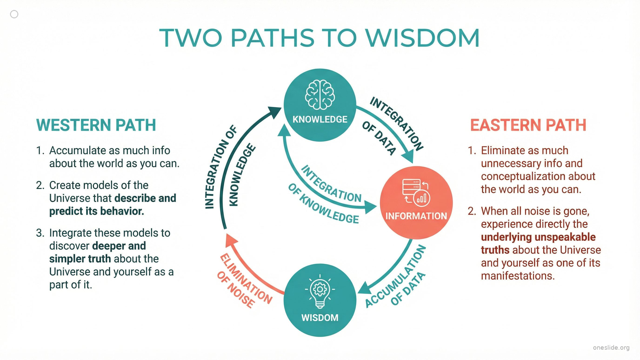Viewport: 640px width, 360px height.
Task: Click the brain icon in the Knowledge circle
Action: coord(320,95)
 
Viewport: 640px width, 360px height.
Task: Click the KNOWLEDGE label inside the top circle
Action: coord(320,119)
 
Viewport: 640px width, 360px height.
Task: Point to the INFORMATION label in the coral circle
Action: coord(416,216)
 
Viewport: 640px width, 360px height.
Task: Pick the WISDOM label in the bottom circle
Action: coord(320,318)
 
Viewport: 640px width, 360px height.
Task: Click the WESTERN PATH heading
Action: coord(96,125)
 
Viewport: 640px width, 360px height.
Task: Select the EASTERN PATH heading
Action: coord(528,125)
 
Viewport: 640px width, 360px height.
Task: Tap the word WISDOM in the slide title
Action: coord(422,38)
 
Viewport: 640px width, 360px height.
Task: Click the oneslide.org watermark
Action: coord(611,348)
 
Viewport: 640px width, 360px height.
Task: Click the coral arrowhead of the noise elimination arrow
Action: coord(231,240)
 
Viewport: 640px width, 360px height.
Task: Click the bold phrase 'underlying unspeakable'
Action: coord(538,237)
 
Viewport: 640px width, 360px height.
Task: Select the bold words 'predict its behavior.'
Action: coord(97,211)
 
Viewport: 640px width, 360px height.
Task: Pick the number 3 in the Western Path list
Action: coord(40,233)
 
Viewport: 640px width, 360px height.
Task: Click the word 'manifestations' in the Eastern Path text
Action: coord(517,276)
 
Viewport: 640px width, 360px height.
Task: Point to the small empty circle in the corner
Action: coord(14,14)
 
